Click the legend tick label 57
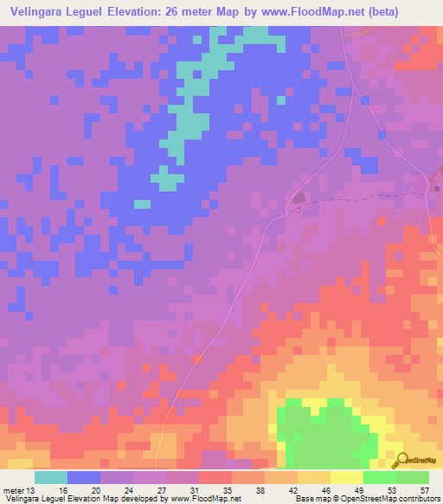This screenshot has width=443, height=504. (424, 491)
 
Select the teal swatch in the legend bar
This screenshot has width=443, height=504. (51, 477)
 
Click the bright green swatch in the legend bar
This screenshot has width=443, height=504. (379, 477)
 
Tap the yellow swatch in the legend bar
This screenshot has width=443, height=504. (346, 477)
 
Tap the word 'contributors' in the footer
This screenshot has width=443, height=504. (418, 500)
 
